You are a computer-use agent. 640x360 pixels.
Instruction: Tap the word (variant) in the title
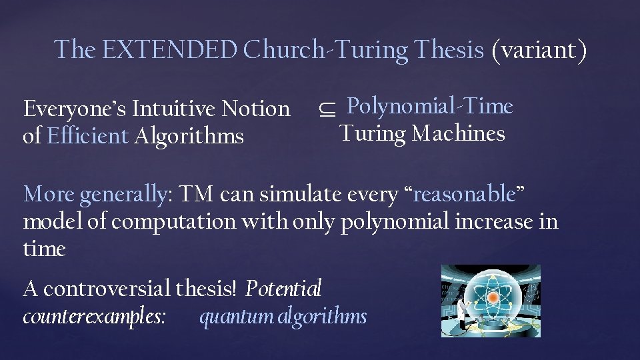tap(539, 49)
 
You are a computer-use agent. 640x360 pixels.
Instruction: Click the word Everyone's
tap(75, 108)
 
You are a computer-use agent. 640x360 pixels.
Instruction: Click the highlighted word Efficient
tap(88, 136)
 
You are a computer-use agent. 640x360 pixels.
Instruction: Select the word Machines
tap(459, 134)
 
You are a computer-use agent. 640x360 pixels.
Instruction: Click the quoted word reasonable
tap(465, 194)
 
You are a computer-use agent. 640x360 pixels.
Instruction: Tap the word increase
tap(495, 221)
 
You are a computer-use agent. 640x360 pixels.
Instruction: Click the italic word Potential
tap(284, 289)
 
